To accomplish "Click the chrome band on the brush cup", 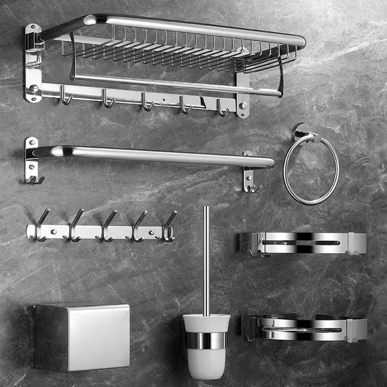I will coord(206,340).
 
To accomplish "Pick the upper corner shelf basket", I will coord(302,243).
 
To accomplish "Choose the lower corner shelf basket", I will coord(304,327).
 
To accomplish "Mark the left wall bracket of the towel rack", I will coord(33,63).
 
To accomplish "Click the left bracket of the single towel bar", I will coord(31,160).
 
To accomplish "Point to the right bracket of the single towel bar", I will coord(249,174).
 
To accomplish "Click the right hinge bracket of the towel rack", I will coord(242,94).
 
